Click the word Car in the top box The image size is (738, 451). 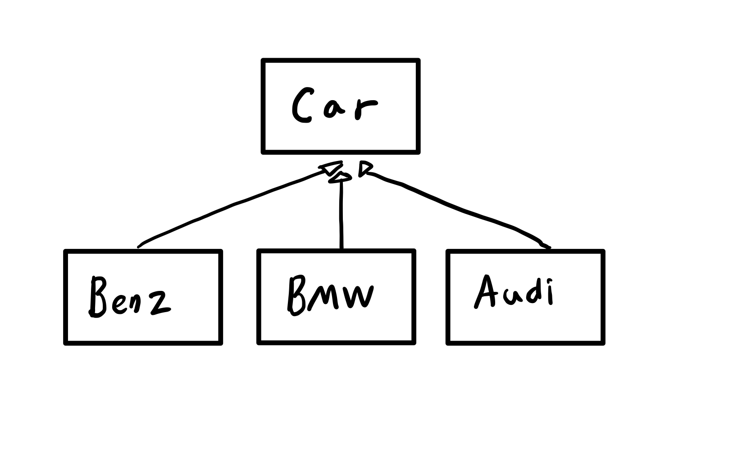334,105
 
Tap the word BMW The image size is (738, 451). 330,295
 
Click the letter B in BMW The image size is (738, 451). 296,295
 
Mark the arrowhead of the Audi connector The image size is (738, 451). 364,169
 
